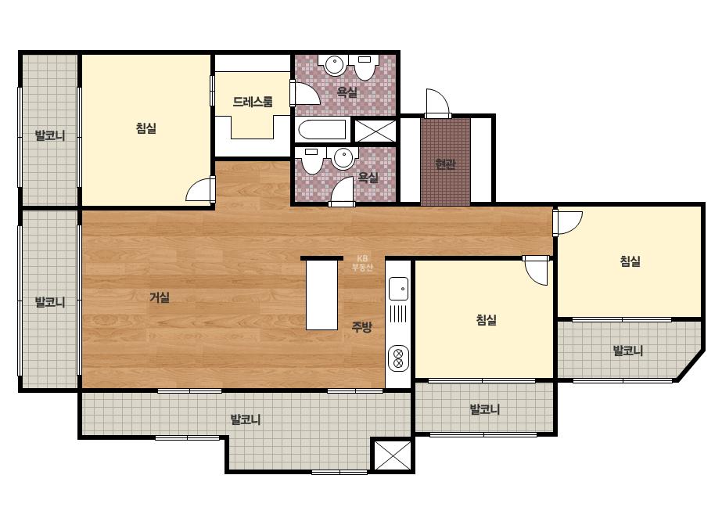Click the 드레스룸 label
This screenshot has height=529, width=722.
(253, 102)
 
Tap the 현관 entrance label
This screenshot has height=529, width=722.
(445, 164)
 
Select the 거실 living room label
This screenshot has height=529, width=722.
(160, 297)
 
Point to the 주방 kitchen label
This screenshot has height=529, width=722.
(361, 327)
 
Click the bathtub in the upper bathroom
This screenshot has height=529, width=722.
(322, 130)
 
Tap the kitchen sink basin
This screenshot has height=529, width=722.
(398, 289)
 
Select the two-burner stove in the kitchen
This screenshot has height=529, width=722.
(399, 358)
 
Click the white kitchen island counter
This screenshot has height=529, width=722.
(322, 295)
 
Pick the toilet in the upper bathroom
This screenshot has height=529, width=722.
(365, 67)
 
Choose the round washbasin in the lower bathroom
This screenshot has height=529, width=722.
(343, 159)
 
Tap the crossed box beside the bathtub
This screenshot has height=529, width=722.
(375, 131)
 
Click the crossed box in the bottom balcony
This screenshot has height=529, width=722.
(393, 455)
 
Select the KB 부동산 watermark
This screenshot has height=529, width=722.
(362, 263)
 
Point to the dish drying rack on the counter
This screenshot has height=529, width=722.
(398, 314)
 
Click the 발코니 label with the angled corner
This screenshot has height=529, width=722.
(627, 351)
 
